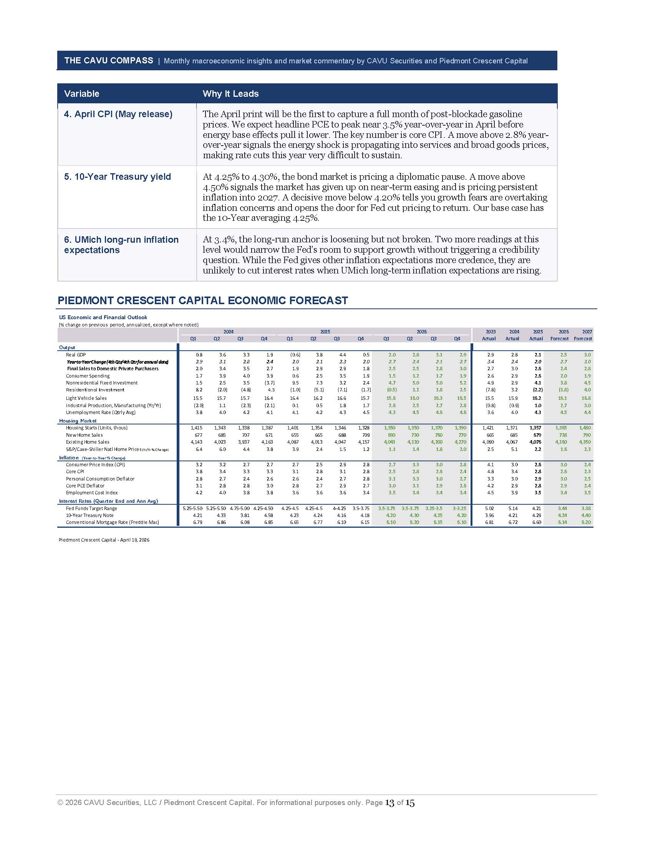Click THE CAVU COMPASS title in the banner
coord(109,60)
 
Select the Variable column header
coord(81,94)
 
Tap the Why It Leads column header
coord(230,94)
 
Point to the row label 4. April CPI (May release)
coord(118,114)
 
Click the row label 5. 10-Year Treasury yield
coord(117,177)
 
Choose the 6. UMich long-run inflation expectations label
coord(121,245)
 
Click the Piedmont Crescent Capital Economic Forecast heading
coord(203,300)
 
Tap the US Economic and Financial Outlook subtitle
coord(103,317)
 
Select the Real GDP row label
coord(76,355)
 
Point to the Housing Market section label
coord(78,421)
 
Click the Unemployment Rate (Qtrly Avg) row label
coord(101,412)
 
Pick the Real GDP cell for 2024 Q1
coord(199,355)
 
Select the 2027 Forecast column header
coord(583,335)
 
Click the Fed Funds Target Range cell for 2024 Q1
coord(192,509)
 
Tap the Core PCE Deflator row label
coord(85,485)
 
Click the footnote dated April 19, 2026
coord(104,540)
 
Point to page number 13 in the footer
coord(389,803)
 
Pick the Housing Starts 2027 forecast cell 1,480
coord(585,427)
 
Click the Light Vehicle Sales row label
coord(86,398)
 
